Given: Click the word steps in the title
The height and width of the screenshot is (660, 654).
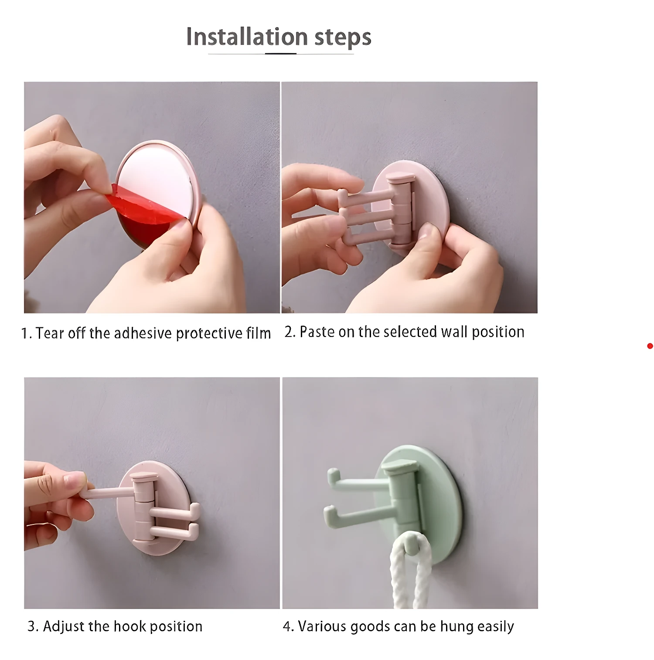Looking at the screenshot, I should pyautogui.click(x=343, y=37).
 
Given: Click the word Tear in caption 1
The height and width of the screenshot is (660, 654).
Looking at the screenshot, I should pyautogui.click(x=50, y=333).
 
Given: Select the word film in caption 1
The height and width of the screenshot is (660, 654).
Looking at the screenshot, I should pyautogui.click(x=259, y=333).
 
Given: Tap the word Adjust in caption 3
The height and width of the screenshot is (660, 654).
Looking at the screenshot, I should pyautogui.click(x=64, y=626).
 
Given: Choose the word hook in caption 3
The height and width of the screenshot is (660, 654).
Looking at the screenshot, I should pyautogui.click(x=130, y=626).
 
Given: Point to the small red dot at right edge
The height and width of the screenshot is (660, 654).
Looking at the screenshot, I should pyautogui.click(x=650, y=346).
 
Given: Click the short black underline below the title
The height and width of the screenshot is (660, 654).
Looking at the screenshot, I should pyautogui.click(x=281, y=54).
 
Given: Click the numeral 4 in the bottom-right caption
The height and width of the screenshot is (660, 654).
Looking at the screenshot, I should pyautogui.click(x=287, y=627).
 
